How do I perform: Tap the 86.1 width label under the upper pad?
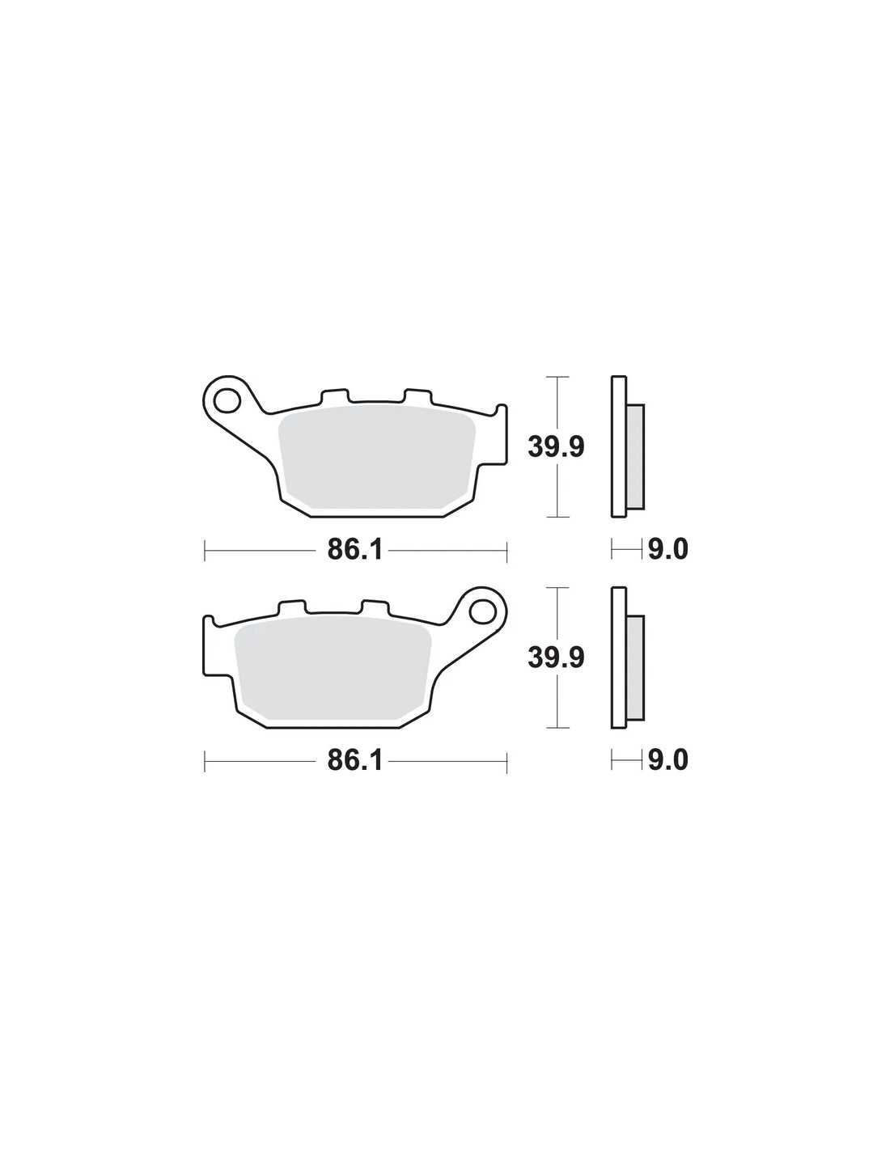point(354,549)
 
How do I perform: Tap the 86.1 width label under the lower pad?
point(354,760)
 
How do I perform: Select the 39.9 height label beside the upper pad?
point(556,446)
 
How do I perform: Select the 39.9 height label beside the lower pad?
point(556,657)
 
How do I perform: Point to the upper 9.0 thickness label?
point(668,549)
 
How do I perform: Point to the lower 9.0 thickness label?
point(668,760)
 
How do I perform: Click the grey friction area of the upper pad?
point(376,459)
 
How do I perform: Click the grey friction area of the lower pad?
point(333,669)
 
